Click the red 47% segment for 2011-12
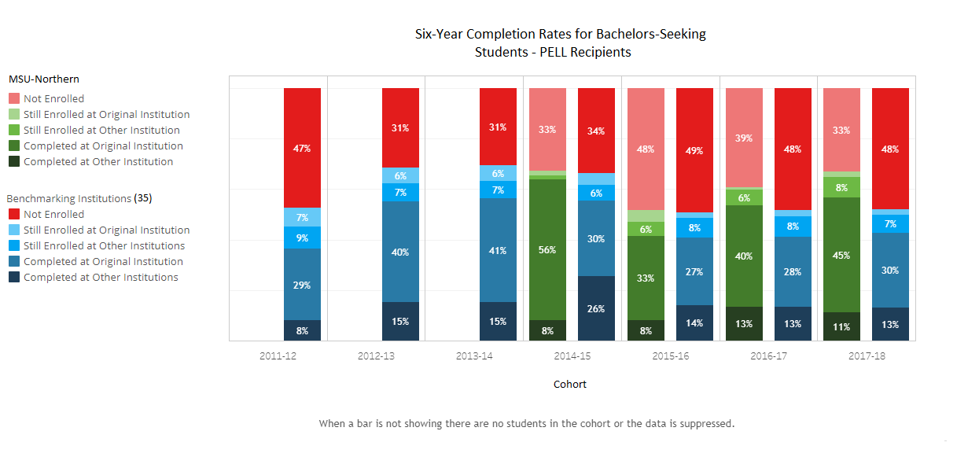click(303, 148)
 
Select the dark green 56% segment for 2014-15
click(547, 249)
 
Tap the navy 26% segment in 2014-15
click(596, 308)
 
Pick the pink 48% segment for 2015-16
click(645, 149)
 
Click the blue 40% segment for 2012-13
click(400, 252)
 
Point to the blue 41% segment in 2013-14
click(498, 250)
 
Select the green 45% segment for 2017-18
click(841, 254)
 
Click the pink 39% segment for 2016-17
click(743, 138)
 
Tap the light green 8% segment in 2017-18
click(841, 187)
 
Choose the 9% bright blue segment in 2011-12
click(303, 238)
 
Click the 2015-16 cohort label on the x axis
click(671, 356)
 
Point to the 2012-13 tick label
click(376, 356)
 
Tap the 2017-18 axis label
click(867, 356)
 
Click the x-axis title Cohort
click(570, 385)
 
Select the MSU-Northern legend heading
click(44, 79)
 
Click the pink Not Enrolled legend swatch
click(14, 99)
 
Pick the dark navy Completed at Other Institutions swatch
click(14, 278)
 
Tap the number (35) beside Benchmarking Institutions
click(143, 198)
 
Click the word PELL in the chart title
click(530, 53)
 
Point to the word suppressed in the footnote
click(703, 424)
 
